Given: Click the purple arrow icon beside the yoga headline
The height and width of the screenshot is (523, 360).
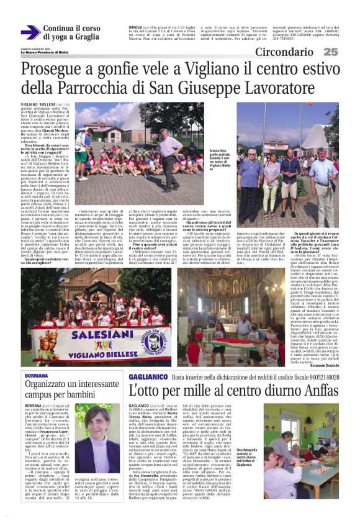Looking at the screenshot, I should [30, 33].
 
